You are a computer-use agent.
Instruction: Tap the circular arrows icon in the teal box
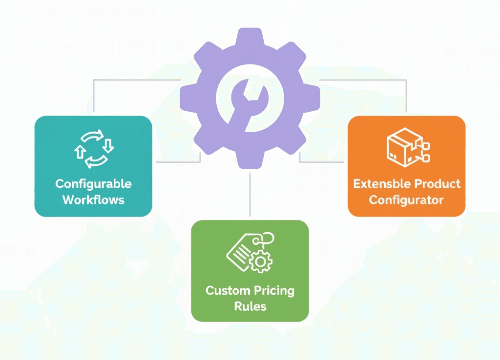(93, 149)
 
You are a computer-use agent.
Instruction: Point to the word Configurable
(93, 184)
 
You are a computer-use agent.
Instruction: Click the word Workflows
(93, 200)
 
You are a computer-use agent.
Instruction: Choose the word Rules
(250, 306)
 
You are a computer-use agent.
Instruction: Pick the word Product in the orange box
(437, 184)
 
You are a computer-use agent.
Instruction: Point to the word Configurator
(406, 200)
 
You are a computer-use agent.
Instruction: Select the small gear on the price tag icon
(261, 262)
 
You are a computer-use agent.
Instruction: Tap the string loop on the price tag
(267, 239)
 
